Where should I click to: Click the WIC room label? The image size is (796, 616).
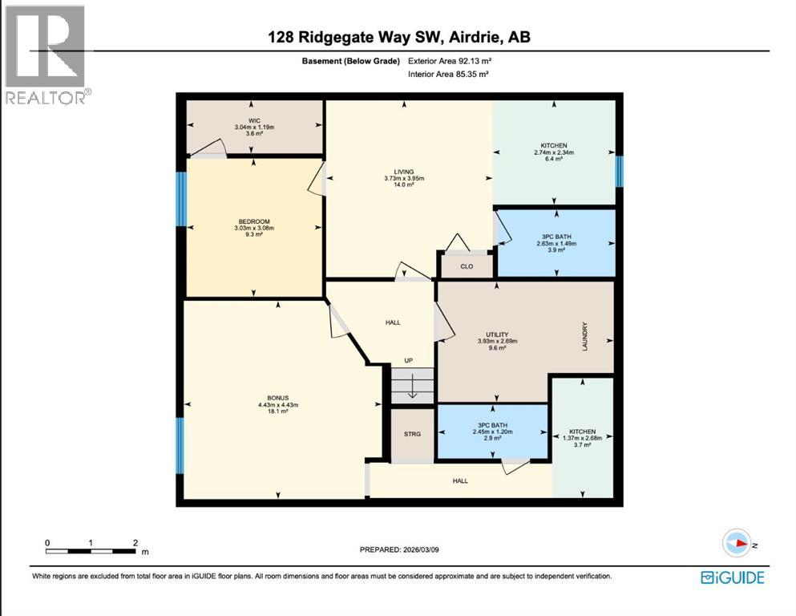point(253,120)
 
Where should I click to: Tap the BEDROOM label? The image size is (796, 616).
point(253,221)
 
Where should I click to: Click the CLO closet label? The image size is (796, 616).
point(467,266)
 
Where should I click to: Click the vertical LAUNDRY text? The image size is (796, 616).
point(586,336)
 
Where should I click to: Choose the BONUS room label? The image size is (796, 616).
point(277,398)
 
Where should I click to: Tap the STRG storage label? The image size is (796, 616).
point(412,434)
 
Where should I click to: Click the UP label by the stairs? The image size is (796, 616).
point(408,360)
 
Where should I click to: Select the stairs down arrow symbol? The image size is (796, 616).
point(412,388)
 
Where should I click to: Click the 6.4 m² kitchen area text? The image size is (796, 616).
point(555,160)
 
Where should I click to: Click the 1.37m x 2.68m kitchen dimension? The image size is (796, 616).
point(583,438)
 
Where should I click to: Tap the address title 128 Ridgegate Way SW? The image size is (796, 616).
point(398,37)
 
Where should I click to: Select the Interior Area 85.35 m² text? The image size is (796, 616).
point(449,74)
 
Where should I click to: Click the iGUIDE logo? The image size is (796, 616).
point(733,577)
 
